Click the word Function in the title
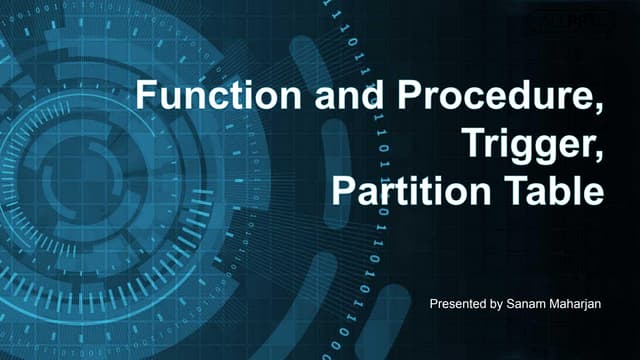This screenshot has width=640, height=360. [218, 95]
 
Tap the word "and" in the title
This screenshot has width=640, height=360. [349, 95]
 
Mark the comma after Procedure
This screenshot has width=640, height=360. [598, 108]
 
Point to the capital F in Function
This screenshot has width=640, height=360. [146, 95]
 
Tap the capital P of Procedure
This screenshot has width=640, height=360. [409, 95]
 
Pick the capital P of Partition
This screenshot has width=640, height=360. [343, 191]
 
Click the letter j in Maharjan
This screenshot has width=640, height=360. [582, 306]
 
